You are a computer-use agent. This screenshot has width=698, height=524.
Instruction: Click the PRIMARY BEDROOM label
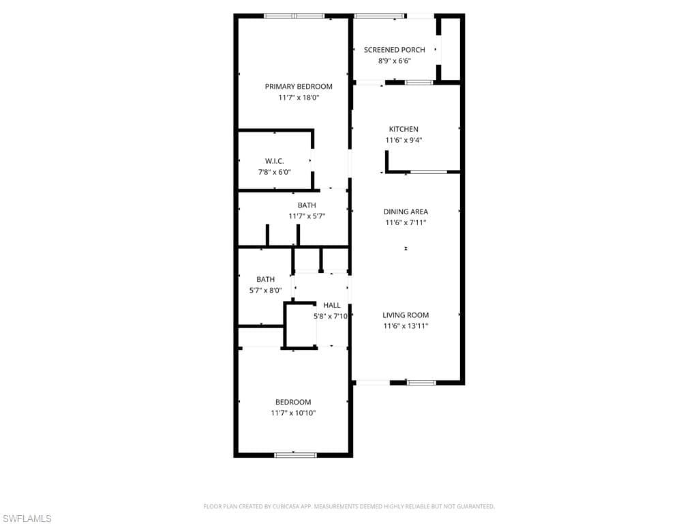(x=299, y=87)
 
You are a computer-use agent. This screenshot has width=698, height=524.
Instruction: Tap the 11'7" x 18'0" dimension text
(x=299, y=98)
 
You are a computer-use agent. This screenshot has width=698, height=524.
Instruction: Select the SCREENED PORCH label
(x=394, y=50)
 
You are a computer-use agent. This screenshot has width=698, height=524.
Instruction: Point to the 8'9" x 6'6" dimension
(x=394, y=61)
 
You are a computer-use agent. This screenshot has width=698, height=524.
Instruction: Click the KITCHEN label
(x=404, y=129)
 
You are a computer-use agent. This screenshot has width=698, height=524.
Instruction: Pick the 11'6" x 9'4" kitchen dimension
(x=404, y=141)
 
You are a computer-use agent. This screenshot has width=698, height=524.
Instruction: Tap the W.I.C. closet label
(x=274, y=161)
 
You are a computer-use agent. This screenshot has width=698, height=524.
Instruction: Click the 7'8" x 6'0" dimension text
(x=274, y=172)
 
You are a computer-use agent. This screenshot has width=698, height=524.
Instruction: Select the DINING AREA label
(x=406, y=212)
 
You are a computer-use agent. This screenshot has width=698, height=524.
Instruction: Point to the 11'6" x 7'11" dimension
(x=406, y=222)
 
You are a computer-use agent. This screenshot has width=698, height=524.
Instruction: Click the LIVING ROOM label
(x=406, y=315)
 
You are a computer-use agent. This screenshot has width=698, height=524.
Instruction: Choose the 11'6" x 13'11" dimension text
(x=406, y=326)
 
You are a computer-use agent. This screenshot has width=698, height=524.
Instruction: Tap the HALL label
(x=332, y=305)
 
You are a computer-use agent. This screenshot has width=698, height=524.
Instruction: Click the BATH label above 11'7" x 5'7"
(x=307, y=205)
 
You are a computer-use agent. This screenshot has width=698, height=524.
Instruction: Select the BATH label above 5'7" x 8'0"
(x=265, y=279)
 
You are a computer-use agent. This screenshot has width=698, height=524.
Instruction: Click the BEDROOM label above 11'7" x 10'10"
(x=293, y=402)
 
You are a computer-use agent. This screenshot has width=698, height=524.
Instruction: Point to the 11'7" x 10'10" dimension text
(x=293, y=413)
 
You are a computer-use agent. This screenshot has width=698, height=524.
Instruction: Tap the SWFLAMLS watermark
(x=27, y=519)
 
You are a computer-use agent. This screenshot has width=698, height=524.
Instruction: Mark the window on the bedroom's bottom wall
(x=295, y=454)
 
